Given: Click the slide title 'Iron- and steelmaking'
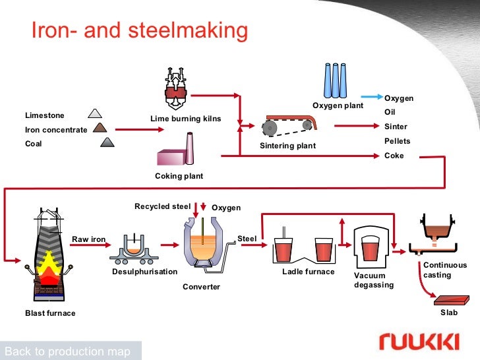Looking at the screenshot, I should tap(140, 30).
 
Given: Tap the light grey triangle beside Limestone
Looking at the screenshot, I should tap(96, 113).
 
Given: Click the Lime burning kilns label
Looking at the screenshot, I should tap(186, 119).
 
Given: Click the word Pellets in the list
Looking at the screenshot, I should tap(397, 141).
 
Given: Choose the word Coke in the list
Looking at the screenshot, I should tap(394, 156).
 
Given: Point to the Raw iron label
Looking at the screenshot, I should tap(88, 239).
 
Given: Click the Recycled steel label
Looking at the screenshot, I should tap(162, 206).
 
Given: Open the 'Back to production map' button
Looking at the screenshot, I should tap(67, 351).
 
